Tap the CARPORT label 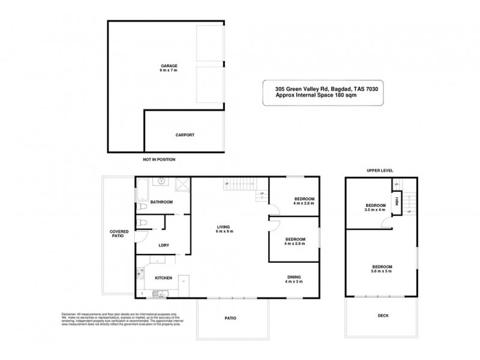click(x=185, y=136)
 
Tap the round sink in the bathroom click(x=161, y=181)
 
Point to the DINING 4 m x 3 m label click(x=293, y=279)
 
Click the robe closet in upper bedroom click(x=397, y=201)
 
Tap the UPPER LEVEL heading click(x=379, y=170)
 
